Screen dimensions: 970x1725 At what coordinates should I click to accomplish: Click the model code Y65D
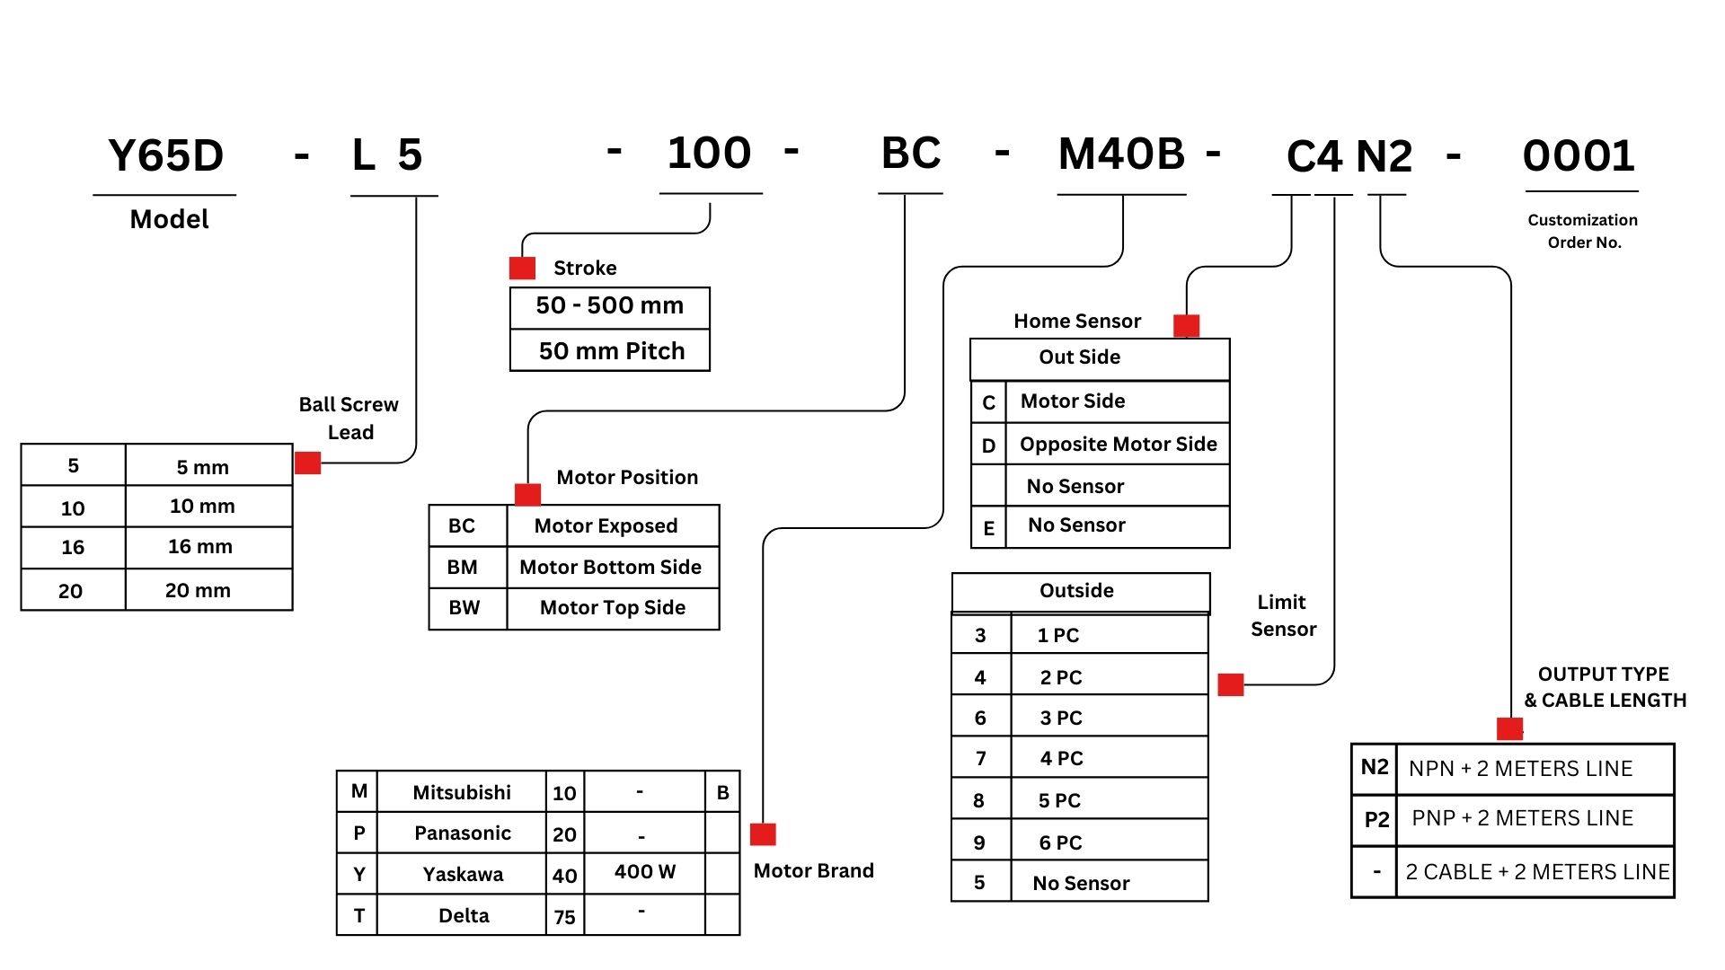[165, 156]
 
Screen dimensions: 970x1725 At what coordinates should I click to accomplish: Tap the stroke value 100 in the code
[709, 154]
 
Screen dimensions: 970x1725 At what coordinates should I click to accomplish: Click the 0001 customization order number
[1579, 156]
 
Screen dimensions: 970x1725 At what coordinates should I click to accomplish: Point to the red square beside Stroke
[522, 268]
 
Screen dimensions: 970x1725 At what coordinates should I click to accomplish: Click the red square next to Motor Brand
[763, 834]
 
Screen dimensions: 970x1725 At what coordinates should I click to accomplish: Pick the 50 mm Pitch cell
[611, 351]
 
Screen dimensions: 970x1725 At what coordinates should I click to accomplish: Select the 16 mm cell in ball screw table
[200, 547]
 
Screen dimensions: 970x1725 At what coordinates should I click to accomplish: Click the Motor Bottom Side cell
[611, 568]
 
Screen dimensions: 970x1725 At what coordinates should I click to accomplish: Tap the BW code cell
[464, 608]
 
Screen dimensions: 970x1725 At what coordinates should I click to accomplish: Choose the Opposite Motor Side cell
[1118, 445]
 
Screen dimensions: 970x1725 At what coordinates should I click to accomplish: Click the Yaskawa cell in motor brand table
[463, 875]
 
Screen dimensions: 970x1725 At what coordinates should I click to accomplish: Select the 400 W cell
[644, 872]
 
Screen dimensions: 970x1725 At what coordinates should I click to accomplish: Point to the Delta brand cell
[464, 916]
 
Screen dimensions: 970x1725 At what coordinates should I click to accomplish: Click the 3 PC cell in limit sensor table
[1061, 719]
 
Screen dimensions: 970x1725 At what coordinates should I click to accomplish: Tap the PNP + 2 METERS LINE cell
[1522, 819]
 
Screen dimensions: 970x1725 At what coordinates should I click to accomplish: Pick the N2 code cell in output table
[1375, 768]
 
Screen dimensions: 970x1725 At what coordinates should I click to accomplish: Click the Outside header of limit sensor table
[1076, 591]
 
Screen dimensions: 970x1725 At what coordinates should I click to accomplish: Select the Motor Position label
[627, 478]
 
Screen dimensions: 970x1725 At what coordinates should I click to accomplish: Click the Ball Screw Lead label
[349, 419]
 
